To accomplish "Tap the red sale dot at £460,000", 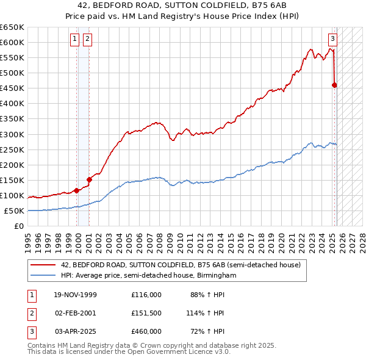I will point(334,85).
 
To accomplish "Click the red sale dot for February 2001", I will point(89,179).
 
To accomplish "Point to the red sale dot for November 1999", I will point(77,190).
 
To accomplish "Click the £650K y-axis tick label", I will point(12,27).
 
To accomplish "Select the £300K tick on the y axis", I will point(12,134).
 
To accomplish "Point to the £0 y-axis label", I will point(19,226).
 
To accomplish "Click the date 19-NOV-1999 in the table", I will point(76,295).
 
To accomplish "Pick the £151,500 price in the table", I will point(146,313).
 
